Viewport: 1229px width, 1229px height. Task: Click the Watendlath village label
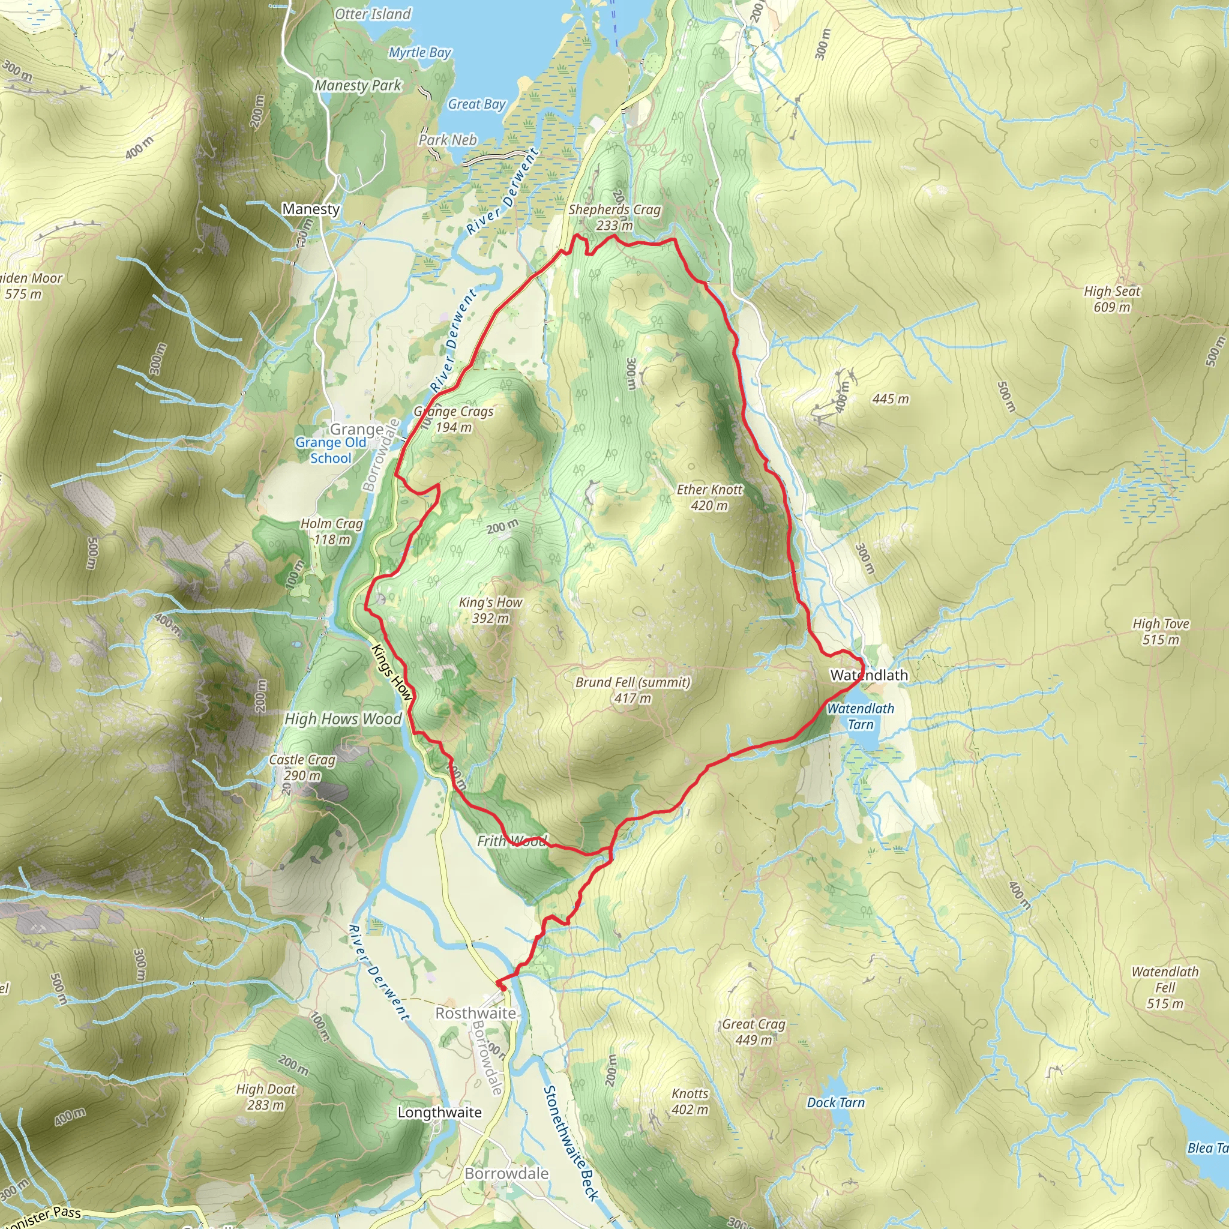click(x=869, y=675)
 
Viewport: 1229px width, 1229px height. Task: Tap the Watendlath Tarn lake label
click(x=860, y=717)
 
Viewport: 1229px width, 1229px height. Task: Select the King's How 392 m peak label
click(x=490, y=610)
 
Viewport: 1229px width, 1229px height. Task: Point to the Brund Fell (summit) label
click(x=633, y=690)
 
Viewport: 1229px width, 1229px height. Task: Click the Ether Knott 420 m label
click(x=709, y=497)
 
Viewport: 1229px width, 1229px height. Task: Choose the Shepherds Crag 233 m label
click(x=614, y=217)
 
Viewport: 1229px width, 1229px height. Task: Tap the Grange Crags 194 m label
click(x=454, y=419)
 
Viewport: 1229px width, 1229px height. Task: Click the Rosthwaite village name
click(x=475, y=1013)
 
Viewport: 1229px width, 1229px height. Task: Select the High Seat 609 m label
click(x=1112, y=299)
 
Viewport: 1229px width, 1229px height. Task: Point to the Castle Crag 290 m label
click(x=302, y=767)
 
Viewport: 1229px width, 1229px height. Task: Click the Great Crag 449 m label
click(x=754, y=1032)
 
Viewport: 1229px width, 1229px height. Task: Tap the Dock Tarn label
click(x=836, y=1102)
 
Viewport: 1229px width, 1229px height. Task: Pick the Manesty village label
click(x=310, y=209)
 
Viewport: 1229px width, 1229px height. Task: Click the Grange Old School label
click(x=331, y=449)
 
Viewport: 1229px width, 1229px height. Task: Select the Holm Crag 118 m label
click(x=331, y=531)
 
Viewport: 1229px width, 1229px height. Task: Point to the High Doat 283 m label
click(x=266, y=1097)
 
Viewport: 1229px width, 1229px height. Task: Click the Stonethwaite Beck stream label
click(x=571, y=1143)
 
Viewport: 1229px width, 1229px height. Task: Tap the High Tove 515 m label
click(x=1161, y=632)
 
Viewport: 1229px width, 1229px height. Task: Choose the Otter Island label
click(x=373, y=14)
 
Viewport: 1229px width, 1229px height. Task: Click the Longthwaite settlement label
click(x=439, y=1112)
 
